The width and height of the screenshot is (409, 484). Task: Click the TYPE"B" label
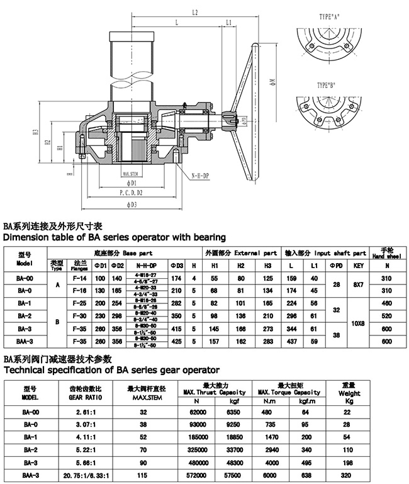point(325,84)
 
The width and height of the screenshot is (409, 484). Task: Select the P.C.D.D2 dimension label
point(130,193)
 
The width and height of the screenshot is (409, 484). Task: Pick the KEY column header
point(359,266)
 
